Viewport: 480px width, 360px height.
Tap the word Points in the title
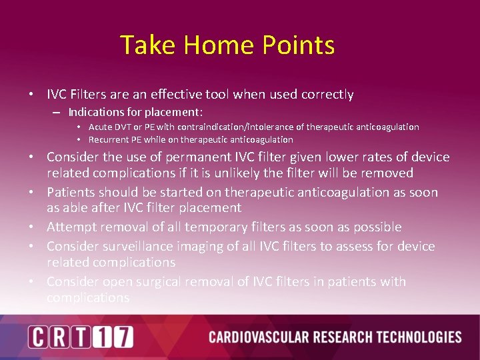(x=298, y=45)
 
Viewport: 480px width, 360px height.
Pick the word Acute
(x=101, y=127)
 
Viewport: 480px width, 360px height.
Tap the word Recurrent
(x=108, y=139)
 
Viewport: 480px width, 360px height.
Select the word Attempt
(x=71, y=227)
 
